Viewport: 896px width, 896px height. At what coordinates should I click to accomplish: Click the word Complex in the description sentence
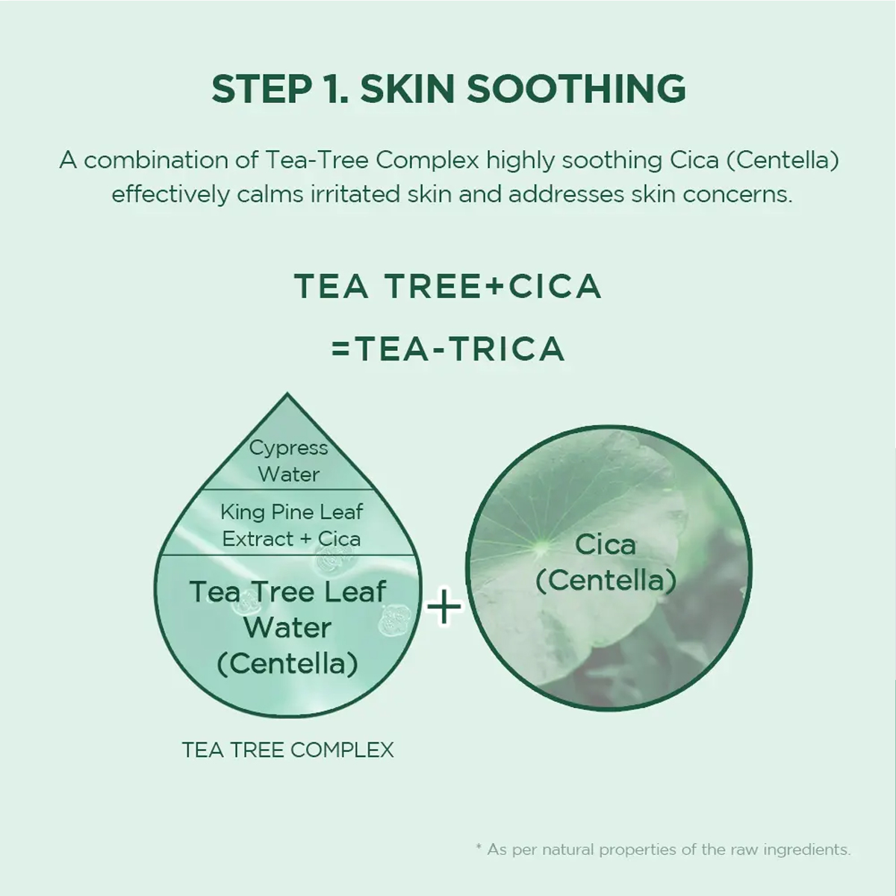coord(427,161)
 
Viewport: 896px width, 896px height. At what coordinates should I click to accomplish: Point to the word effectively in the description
coord(170,194)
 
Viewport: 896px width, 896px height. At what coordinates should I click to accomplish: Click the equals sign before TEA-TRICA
coord(340,349)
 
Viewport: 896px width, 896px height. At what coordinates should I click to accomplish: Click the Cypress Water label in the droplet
coord(289,461)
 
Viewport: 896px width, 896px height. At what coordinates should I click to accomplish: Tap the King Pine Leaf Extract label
coord(291,526)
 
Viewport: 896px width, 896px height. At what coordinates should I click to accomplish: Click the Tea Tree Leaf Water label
coord(287,627)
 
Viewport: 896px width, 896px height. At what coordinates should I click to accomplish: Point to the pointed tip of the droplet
coord(287,393)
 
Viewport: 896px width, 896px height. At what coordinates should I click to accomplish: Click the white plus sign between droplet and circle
coord(444,606)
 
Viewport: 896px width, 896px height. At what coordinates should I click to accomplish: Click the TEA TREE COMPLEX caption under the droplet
coord(287,750)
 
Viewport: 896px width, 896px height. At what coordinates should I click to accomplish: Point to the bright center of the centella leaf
coord(541,547)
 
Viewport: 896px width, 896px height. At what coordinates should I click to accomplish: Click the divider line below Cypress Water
coord(287,489)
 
